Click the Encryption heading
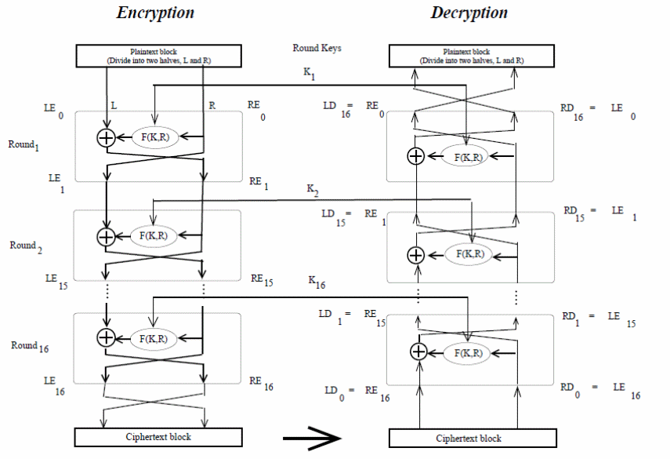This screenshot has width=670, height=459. [x=155, y=13]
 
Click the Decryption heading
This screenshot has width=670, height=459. [x=469, y=13]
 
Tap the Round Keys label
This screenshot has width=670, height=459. [x=317, y=48]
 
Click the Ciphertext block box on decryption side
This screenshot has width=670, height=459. [x=468, y=438]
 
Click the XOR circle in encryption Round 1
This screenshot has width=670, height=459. [x=105, y=138]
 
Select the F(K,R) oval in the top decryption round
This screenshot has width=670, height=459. [x=468, y=155]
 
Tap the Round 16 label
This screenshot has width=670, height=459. [x=31, y=345]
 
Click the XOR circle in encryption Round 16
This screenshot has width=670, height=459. [x=105, y=337]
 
